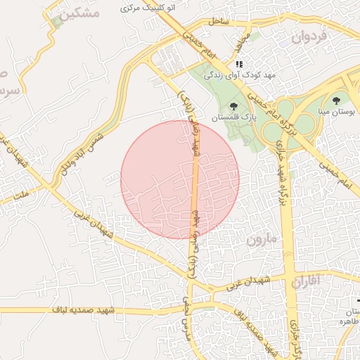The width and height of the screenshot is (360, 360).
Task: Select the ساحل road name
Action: coord(219,22)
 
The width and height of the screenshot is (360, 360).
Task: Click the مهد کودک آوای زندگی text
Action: coord(233,74)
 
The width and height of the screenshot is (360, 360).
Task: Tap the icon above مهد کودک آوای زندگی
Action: coord(230,64)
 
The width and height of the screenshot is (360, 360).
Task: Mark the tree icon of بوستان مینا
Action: coord(335,101)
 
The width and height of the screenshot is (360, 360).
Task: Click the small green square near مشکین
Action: coord(57,22)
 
